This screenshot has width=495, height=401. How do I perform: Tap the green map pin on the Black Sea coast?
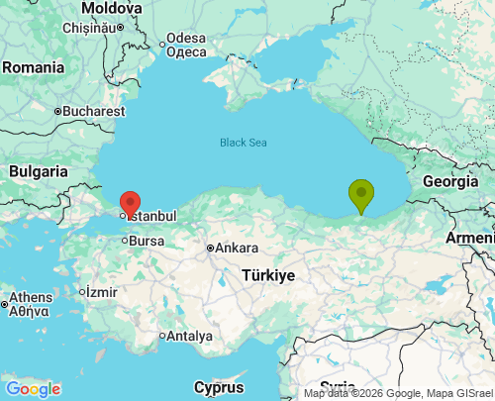[361, 194]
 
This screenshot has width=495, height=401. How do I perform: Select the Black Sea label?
[243, 143]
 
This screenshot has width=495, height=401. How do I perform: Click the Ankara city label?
[237, 248]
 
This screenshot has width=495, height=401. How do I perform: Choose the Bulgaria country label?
[39, 171]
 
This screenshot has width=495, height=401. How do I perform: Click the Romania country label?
[33, 67]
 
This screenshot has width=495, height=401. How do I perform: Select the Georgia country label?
[449, 181]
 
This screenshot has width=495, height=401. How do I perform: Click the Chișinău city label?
[89, 28]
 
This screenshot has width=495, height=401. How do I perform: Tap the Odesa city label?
[186, 39]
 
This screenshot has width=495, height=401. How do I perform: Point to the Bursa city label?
[147, 241]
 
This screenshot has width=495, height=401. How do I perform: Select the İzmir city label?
[102, 292]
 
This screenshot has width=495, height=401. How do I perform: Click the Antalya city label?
[189, 336]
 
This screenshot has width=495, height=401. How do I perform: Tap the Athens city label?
[33, 297]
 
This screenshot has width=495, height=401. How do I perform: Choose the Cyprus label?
[218, 386]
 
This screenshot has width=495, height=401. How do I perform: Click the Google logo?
[33, 389]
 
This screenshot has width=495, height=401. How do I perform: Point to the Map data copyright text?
[397, 393]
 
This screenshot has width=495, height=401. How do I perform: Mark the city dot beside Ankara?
[210, 248]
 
